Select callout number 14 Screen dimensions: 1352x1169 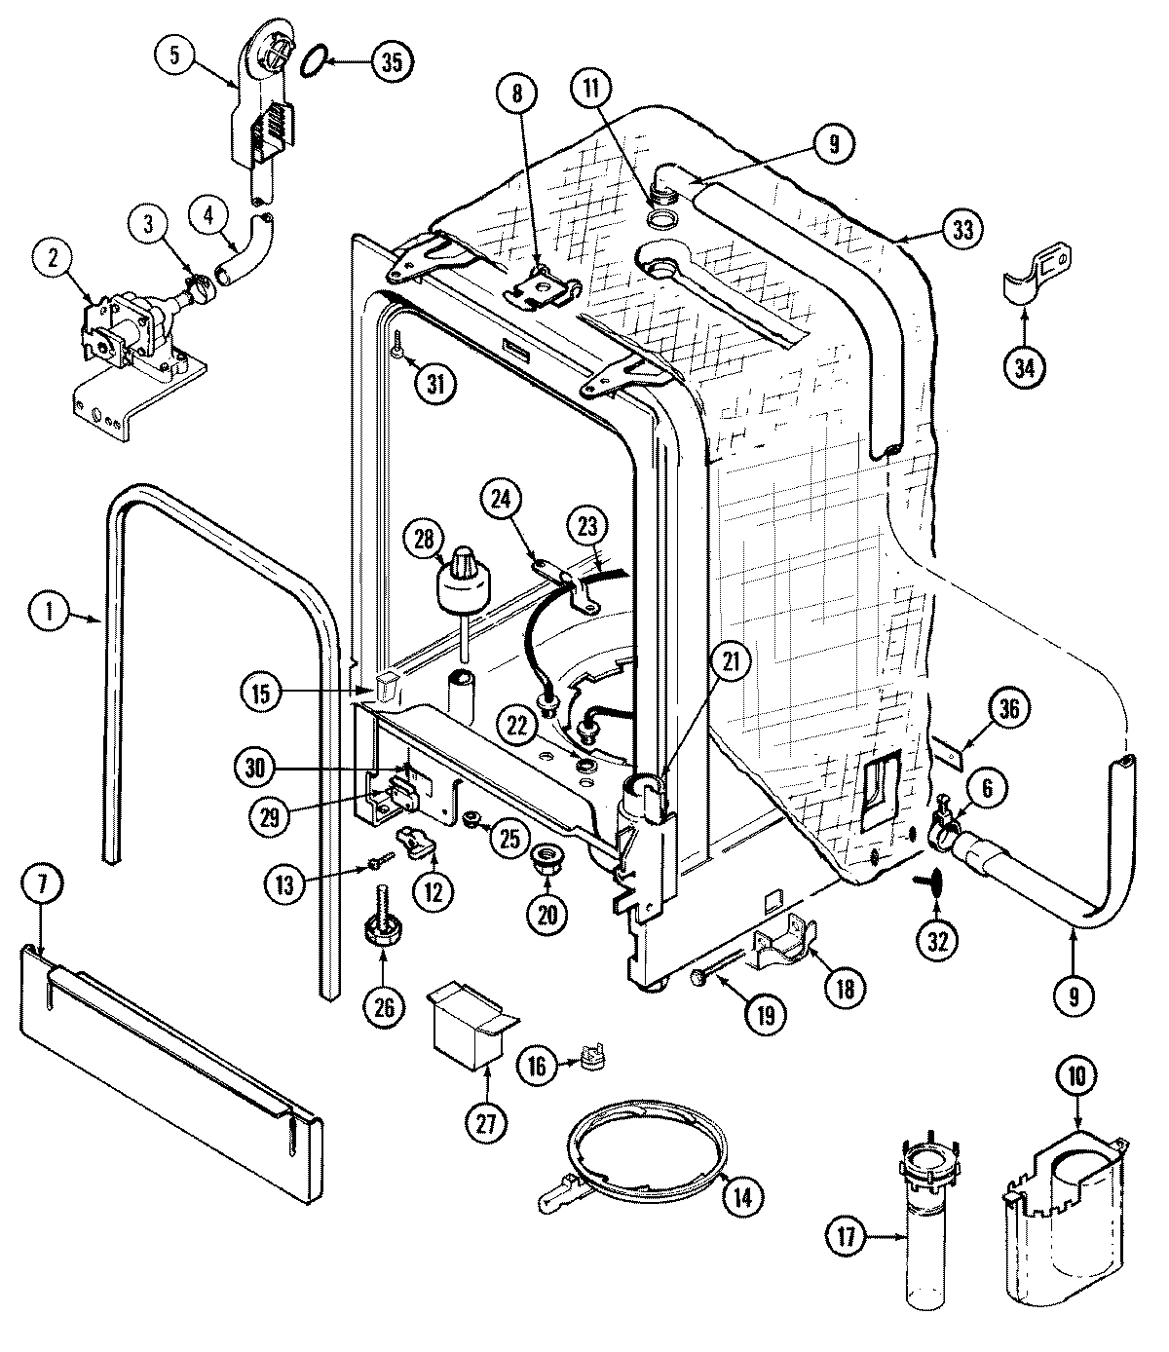click(742, 1197)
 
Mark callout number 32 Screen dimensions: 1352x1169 click(938, 941)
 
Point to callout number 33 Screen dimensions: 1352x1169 click(962, 230)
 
